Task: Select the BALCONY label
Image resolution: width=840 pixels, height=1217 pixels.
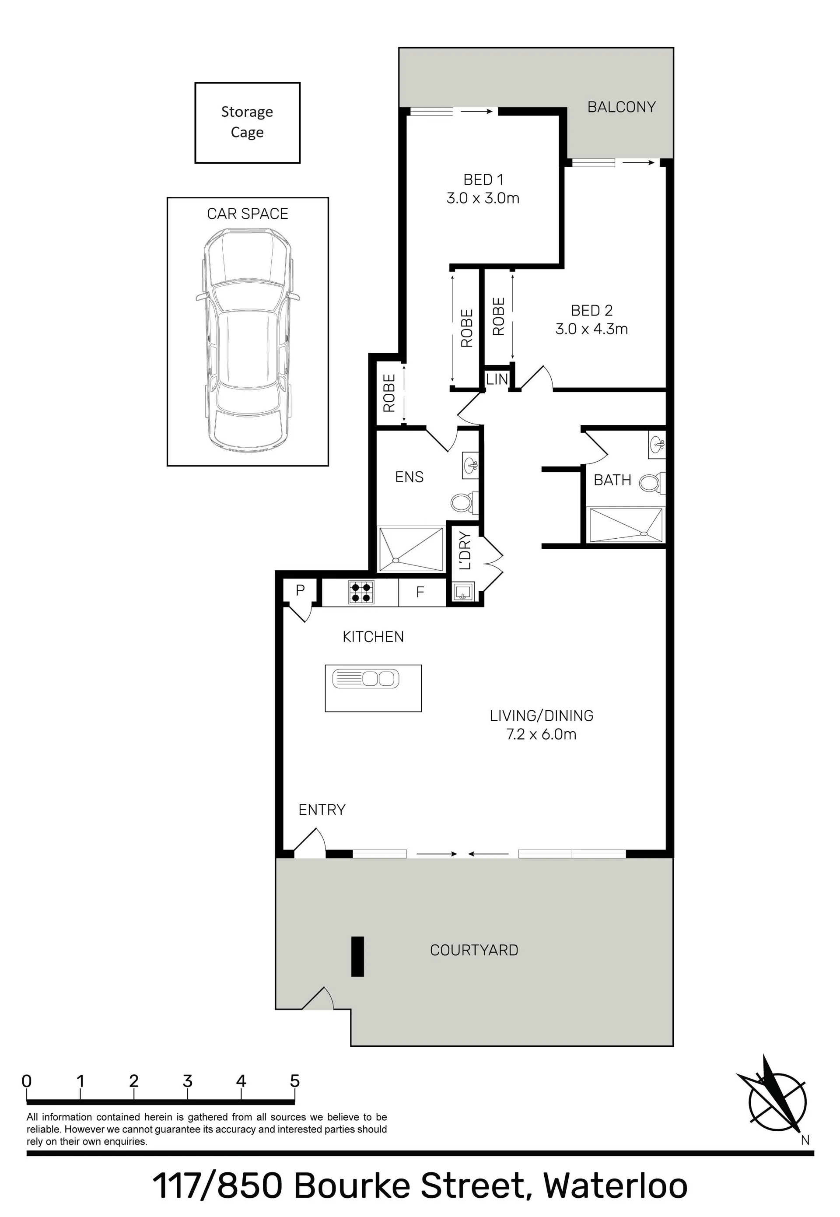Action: tap(622, 107)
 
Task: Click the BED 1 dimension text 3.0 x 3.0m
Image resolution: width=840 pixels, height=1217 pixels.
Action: tap(483, 198)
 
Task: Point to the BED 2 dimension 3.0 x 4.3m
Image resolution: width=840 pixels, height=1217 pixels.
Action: tap(591, 329)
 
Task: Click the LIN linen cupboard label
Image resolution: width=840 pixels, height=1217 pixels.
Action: tap(497, 379)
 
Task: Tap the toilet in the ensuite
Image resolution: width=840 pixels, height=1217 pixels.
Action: tap(464, 502)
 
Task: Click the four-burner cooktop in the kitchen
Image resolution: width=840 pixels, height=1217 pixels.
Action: tap(361, 592)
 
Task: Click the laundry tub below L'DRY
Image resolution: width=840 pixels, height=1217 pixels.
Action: tap(462, 592)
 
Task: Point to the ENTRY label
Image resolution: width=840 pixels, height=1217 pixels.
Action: tap(322, 810)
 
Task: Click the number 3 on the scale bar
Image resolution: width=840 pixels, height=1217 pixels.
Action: tap(187, 1081)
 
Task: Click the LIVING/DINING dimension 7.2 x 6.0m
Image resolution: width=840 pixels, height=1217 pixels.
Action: tap(541, 734)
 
